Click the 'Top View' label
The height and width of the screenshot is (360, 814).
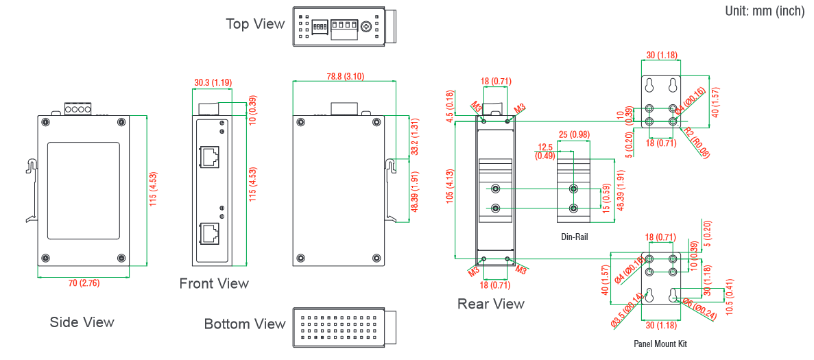(x=255, y=24)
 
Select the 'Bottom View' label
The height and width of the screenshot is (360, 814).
(x=245, y=324)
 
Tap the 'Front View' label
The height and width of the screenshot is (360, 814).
(x=214, y=283)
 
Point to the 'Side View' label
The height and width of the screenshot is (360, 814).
(x=82, y=322)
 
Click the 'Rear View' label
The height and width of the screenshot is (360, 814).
(x=491, y=304)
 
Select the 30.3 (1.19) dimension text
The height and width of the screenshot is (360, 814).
(x=213, y=82)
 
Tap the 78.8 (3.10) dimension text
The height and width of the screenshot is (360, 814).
(x=345, y=75)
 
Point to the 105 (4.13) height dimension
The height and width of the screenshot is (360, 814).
(x=451, y=189)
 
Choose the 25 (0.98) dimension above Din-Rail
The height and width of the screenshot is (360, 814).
(x=574, y=134)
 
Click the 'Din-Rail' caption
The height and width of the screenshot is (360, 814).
(x=574, y=237)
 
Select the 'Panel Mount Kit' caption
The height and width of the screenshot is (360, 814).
(x=660, y=344)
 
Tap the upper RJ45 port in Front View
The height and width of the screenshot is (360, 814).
(x=210, y=157)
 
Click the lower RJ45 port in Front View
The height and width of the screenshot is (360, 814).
(x=210, y=234)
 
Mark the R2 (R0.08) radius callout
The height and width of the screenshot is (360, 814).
(x=696, y=143)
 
